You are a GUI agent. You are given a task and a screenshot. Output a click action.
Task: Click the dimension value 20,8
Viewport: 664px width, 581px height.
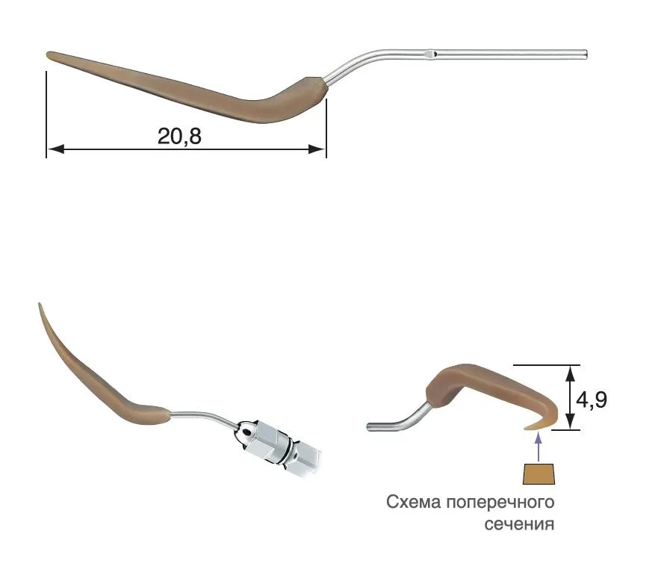(x=179, y=137)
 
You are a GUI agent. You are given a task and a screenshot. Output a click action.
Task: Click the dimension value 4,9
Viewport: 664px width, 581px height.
(x=592, y=400)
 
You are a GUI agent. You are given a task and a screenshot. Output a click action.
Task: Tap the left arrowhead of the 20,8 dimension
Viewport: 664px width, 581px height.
(x=55, y=149)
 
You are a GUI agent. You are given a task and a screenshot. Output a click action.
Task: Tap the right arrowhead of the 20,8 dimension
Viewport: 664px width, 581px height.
(x=317, y=149)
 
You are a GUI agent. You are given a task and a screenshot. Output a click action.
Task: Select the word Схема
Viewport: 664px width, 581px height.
(x=413, y=503)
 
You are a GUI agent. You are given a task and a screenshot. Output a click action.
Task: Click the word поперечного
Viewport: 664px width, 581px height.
(x=500, y=503)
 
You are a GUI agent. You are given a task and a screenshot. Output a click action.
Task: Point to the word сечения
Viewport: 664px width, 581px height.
(x=519, y=524)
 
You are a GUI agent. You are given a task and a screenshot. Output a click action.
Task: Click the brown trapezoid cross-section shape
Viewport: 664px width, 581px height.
(x=539, y=474)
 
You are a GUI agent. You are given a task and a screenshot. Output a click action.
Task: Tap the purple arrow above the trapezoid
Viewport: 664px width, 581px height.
(x=539, y=447)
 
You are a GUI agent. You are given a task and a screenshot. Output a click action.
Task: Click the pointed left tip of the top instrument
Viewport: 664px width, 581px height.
(x=48, y=55)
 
